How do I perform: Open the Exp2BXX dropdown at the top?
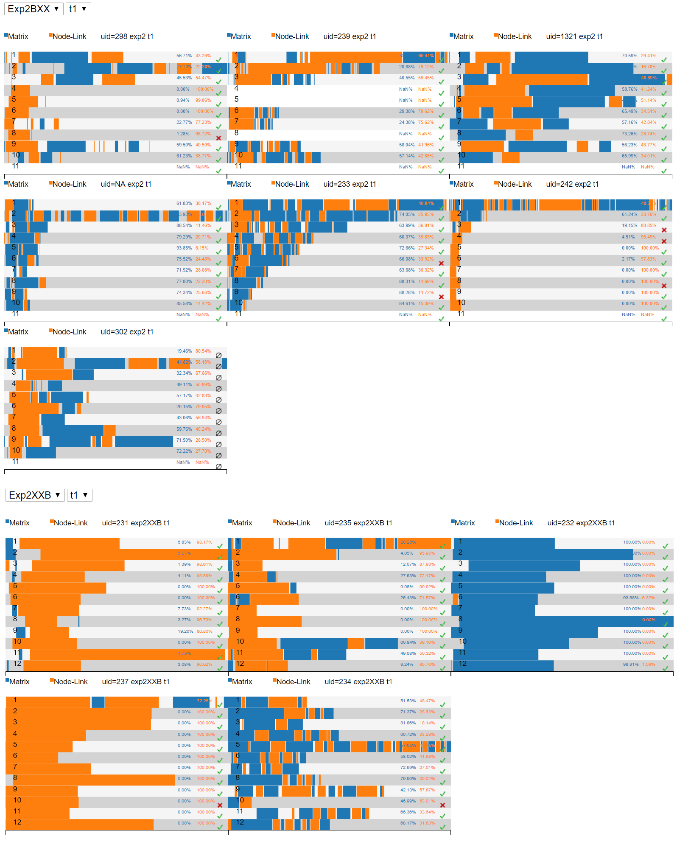(34, 9)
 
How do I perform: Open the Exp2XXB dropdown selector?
(35, 495)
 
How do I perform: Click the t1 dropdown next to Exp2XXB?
(79, 495)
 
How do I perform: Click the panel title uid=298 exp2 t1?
(127, 36)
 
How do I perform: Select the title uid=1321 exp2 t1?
(574, 36)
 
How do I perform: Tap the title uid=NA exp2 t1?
(126, 184)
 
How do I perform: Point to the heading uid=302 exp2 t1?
(127, 332)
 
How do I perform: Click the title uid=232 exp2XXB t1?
(581, 523)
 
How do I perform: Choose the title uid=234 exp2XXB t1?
(358, 682)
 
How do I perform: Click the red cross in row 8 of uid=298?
(219, 138)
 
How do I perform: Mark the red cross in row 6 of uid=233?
(441, 264)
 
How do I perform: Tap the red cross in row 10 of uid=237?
(220, 805)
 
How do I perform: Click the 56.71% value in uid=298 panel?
(184, 56)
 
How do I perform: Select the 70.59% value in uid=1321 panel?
(629, 56)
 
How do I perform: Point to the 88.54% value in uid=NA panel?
(184, 225)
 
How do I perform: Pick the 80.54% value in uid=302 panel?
(203, 351)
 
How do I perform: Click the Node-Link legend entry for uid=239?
(290, 36)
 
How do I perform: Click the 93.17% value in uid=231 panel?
(204, 542)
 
